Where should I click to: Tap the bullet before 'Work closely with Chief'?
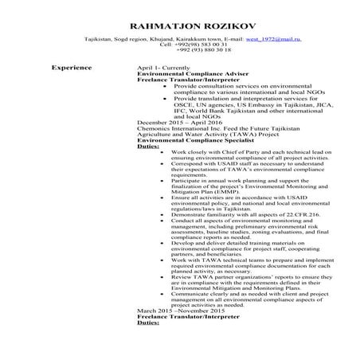click(163, 158)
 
